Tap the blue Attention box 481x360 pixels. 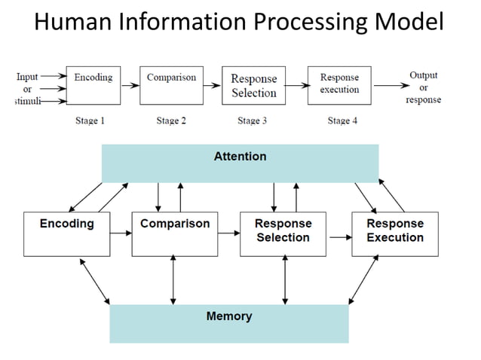(x=240, y=163)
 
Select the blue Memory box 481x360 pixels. (x=228, y=323)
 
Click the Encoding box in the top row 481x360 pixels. (x=93, y=84)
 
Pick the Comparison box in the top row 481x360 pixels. (x=171, y=84)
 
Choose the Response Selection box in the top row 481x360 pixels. (x=253, y=86)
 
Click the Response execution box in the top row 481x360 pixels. (x=339, y=84)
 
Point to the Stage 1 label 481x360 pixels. (x=90, y=121)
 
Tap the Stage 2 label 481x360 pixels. (x=171, y=121)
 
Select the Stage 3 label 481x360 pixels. (x=253, y=121)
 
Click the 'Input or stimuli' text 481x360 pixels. (x=27, y=88)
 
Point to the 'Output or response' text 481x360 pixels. (x=423, y=87)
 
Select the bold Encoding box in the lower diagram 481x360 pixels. (x=66, y=233)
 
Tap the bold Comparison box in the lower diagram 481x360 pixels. (x=175, y=233)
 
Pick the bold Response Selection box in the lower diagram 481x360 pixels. (x=283, y=233)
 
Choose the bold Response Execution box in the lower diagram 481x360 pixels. (x=394, y=233)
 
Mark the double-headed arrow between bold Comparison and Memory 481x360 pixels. (x=174, y=279)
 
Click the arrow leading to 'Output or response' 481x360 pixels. (x=389, y=85)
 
